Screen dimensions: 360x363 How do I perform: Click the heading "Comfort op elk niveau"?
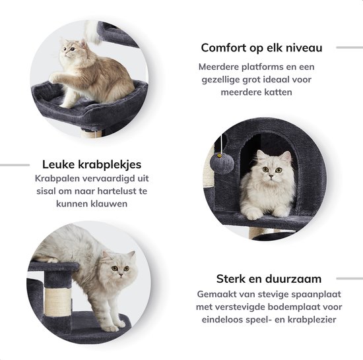pos(261,47)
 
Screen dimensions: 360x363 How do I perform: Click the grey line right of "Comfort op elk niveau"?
pos(349,47)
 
